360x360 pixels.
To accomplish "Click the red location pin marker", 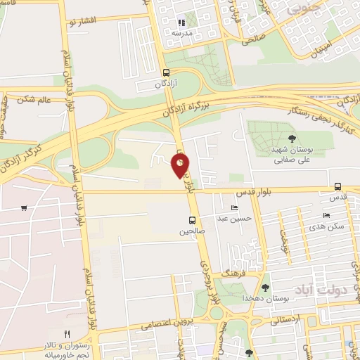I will coord(180,166).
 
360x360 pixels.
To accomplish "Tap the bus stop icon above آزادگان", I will coord(166,72).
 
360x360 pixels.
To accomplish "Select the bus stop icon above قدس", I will coord(338,186).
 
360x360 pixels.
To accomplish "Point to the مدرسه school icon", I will coord(181,22).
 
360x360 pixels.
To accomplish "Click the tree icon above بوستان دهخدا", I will coord(265,287).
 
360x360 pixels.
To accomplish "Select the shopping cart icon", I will coord(25,208).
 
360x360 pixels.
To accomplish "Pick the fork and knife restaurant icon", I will coord(67,333).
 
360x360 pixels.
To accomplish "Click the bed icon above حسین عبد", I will coord(234,208).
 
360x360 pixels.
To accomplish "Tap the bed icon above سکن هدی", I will coord(326,215).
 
